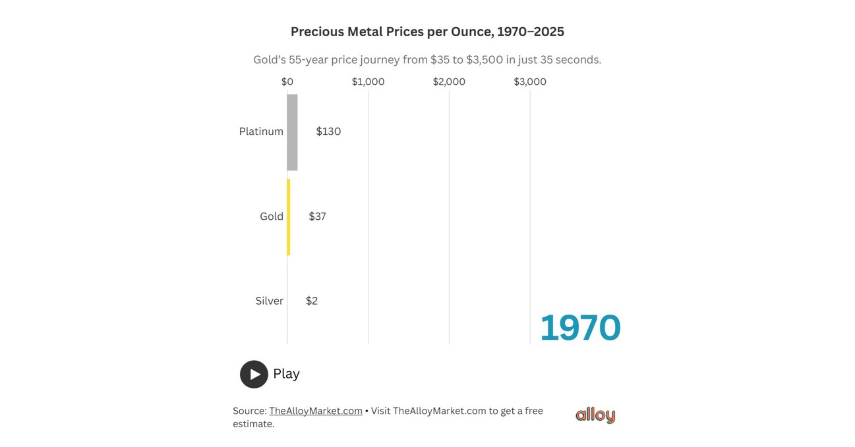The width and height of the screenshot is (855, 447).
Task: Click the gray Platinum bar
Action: pos(292,132)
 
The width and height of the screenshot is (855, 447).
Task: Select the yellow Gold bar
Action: pos(288,217)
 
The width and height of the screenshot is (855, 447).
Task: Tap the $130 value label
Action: pos(328,132)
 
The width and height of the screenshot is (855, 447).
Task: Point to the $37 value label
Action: pos(317,217)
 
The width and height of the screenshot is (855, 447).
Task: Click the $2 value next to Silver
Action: pos(312,301)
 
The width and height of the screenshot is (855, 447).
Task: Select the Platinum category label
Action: pos(261,132)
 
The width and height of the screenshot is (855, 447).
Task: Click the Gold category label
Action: pos(272,217)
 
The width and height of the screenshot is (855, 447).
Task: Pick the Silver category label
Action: pos(270,301)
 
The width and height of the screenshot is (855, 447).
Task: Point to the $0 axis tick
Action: pos(287,82)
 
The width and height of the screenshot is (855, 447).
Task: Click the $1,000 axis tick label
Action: pos(368,82)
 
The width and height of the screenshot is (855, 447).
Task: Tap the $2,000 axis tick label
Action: pos(449,82)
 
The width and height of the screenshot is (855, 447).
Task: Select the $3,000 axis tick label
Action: pos(530,82)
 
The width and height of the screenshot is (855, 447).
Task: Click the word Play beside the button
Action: pos(286,374)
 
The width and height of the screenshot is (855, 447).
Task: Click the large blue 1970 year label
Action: pos(580,328)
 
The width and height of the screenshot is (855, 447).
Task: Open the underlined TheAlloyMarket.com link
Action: pos(316,411)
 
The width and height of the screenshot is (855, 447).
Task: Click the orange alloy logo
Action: pos(595,415)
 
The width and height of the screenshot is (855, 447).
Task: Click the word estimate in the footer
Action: pos(252,424)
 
